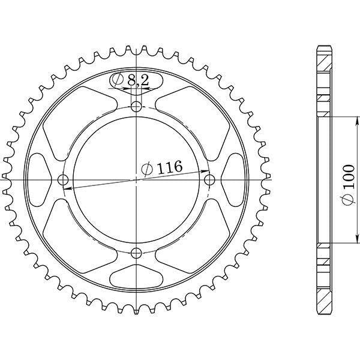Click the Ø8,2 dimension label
130,80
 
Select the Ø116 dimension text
162,167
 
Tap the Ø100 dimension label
348,185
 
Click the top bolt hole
136,106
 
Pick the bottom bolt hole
136,253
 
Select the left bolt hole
63,180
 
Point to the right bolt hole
209,180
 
